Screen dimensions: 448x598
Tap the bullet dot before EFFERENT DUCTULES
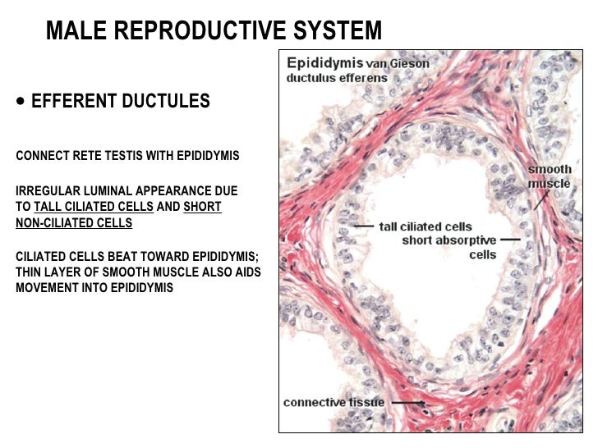coord(20,101)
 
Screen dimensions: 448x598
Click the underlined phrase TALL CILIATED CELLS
coord(94,207)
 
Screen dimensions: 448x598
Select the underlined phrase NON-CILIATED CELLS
coord(74,222)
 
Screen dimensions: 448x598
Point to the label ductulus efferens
coord(337,79)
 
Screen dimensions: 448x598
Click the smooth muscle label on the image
coord(549,176)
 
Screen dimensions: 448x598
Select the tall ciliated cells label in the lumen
coord(425,226)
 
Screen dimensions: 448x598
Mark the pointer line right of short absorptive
coord(511,240)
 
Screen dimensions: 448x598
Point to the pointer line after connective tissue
coord(407,403)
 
